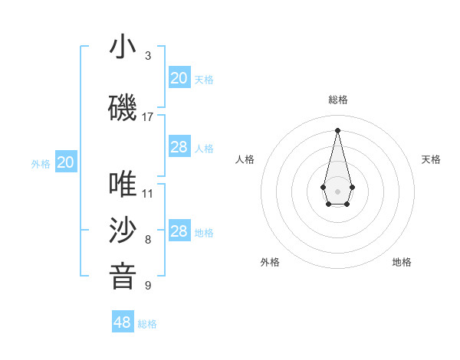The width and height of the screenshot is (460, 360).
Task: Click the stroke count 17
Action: pos(148,117)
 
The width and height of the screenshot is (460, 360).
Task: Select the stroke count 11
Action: pos(148,194)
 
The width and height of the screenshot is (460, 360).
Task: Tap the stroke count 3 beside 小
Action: pos(148,56)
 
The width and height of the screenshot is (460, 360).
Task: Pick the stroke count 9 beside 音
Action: pos(148,286)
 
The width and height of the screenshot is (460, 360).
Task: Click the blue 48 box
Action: pos(123,322)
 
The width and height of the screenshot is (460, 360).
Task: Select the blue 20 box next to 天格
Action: pos(179,78)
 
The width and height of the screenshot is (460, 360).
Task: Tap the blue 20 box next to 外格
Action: pos(66,162)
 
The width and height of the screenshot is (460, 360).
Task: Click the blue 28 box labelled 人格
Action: pos(179,147)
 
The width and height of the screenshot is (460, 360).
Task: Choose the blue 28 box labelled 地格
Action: pos(179,231)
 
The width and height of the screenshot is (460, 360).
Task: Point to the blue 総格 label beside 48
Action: pos(147,324)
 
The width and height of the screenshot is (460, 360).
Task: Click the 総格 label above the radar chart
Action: pos(338,100)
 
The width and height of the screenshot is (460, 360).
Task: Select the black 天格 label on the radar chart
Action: pos(431,159)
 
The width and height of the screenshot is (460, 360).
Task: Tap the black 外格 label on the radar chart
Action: pos(270,262)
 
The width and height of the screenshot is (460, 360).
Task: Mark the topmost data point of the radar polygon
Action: pos(337,129)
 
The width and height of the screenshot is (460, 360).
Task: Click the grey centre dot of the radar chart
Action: pos(337,190)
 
